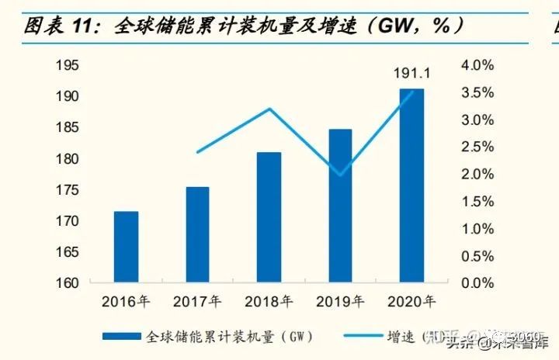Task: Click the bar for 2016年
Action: point(126,247)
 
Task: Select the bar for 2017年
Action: point(197,234)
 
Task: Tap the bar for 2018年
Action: point(269,217)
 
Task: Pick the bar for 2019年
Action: point(340,206)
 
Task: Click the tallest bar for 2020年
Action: point(411,185)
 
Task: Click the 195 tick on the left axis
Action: point(68,65)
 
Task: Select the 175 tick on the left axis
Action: point(68,190)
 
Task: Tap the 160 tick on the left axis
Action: point(68,283)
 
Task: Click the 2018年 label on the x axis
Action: point(269,301)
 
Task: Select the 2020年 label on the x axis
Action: point(411,301)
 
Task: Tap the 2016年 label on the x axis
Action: point(126,301)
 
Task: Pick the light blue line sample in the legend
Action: point(356,337)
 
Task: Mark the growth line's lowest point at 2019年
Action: point(340,175)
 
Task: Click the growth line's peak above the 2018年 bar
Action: point(269,109)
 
